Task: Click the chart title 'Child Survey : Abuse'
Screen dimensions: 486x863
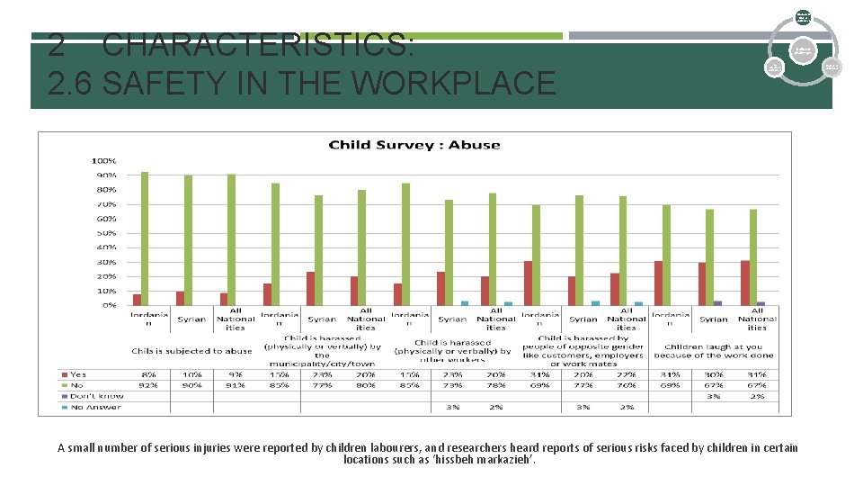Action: (414, 145)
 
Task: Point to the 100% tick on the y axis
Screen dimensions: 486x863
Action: (105, 160)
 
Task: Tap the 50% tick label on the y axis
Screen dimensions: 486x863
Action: (105, 233)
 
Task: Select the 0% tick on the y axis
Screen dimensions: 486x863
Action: (109, 305)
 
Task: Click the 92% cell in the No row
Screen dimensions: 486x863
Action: (148, 385)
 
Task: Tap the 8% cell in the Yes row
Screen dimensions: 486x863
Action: (148, 373)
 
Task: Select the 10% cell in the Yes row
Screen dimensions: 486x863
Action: (191, 373)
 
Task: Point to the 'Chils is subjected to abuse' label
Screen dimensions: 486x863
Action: (191, 351)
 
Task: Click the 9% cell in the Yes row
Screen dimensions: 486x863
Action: (236, 373)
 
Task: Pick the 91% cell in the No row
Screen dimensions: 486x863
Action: (236, 385)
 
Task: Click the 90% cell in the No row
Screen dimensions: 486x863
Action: (191, 385)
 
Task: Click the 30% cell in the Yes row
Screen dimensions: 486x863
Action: (714, 373)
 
